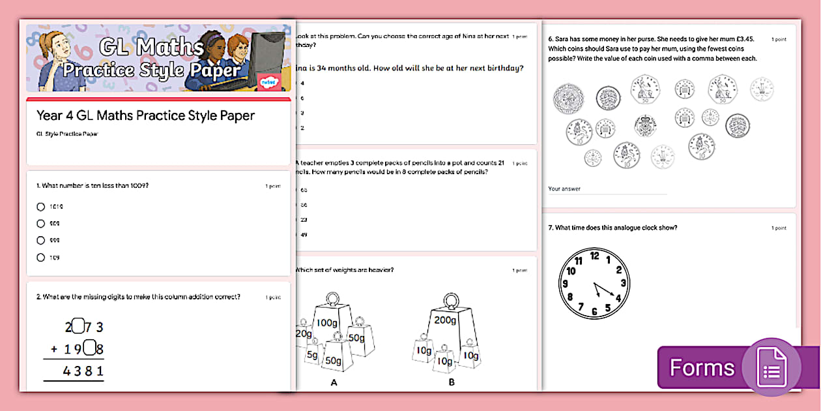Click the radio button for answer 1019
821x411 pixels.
click(x=41, y=207)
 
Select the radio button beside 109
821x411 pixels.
click(x=41, y=258)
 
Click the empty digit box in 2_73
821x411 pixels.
click(x=77, y=326)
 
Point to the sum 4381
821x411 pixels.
click(x=83, y=371)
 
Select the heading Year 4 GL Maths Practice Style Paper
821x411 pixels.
click(x=145, y=115)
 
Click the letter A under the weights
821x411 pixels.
click(x=334, y=383)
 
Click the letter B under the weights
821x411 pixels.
click(x=451, y=383)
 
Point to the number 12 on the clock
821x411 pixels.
click(x=594, y=256)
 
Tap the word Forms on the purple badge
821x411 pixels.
click(x=702, y=368)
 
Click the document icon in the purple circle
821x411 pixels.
click(x=771, y=367)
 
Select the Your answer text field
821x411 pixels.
click(x=606, y=189)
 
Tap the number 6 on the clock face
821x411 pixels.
click(x=594, y=312)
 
